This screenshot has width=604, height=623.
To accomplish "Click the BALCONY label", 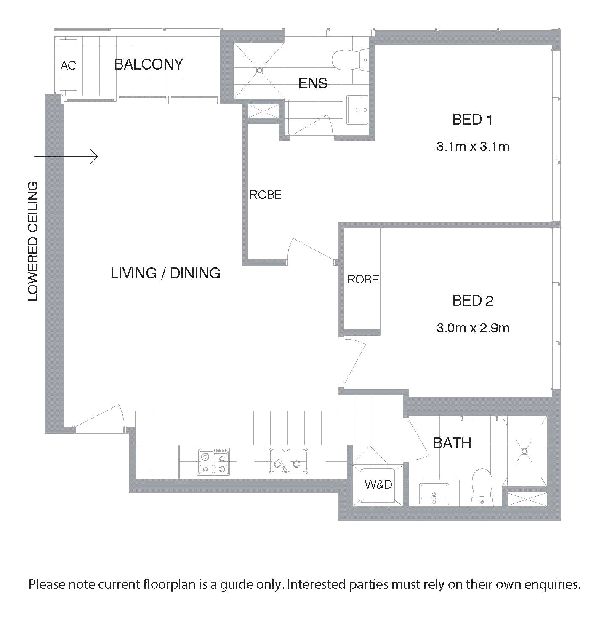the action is (x=149, y=64).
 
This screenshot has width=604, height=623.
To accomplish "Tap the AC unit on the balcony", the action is (x=69, y=65).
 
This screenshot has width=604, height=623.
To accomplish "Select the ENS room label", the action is (x=313, y=83).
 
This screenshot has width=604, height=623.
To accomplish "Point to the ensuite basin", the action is (x=358, y=110).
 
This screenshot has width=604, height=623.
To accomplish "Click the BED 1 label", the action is (x=472, y=120).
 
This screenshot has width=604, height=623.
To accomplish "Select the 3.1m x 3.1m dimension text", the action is (x=473, y=147).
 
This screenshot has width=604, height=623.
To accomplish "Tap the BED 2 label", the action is (x=473, y=301).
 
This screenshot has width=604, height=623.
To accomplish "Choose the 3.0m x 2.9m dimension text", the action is (x=473, y=328).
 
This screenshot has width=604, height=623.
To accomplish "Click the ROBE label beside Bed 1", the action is (x=265, y=195).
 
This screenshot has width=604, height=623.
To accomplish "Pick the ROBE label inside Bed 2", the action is (x=363, y=279).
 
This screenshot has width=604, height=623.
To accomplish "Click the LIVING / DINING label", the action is (x=165, y=273).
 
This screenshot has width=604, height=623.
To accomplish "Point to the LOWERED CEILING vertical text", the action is (x=33, y=241).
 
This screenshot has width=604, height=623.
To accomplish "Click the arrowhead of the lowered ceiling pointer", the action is (x=95, y=157).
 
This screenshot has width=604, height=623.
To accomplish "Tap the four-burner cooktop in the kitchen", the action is (x=213, y=461).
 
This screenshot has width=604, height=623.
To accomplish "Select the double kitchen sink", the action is (x=288, y=461).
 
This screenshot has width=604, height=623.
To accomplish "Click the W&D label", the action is (x=378, y=484).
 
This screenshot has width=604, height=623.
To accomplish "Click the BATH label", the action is (x=452, y=444).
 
